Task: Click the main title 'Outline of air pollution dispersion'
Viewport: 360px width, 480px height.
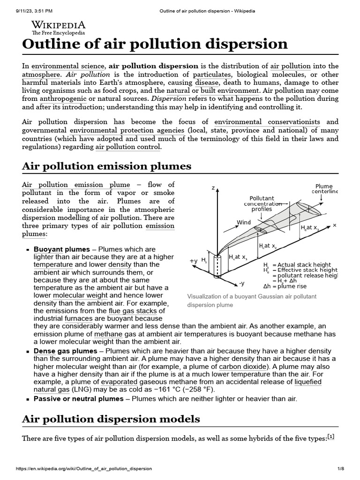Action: tap(155, 44)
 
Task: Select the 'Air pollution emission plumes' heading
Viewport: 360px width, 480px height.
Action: tap(107, 166)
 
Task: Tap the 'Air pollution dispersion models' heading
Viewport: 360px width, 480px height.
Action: tap(111, 419)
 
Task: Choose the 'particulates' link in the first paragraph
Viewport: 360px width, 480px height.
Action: tap(212, 74)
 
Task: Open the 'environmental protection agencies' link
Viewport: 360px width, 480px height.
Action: tap(127, 130)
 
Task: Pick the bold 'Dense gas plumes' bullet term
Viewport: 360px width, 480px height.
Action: tap(66, 351)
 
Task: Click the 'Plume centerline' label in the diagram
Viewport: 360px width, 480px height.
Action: tap(324, 188)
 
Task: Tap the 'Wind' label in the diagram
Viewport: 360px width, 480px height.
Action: tap(243, 222)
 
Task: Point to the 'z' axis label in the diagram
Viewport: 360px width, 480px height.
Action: tap(213, 188)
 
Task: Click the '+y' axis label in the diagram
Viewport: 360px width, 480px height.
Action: tap(193, 261)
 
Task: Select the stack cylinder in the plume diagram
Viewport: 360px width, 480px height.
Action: tap(217, 266)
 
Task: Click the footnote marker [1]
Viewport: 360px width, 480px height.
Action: tap(331, 437)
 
